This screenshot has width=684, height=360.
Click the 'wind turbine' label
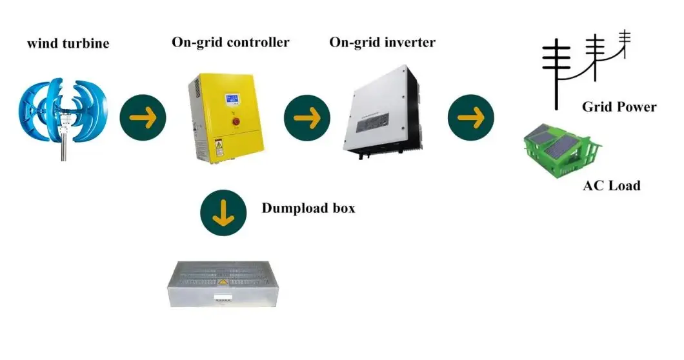[68, 44]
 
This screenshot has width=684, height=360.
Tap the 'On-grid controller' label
[230, 43]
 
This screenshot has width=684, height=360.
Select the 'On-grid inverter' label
[382, 43]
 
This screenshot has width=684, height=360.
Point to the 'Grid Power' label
[619, 107]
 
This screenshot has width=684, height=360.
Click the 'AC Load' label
[611, 186]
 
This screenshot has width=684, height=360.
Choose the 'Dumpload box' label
[308, 208]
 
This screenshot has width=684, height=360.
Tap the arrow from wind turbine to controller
[143, 117]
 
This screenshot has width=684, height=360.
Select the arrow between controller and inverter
[307, 117]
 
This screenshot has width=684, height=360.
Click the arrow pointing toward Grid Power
[471, 117]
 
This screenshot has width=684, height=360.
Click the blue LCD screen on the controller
[234, 101]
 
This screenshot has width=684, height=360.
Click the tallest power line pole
[554, 71]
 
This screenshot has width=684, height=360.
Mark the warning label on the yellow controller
[219, 148]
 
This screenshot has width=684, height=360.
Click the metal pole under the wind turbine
[64, 151]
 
